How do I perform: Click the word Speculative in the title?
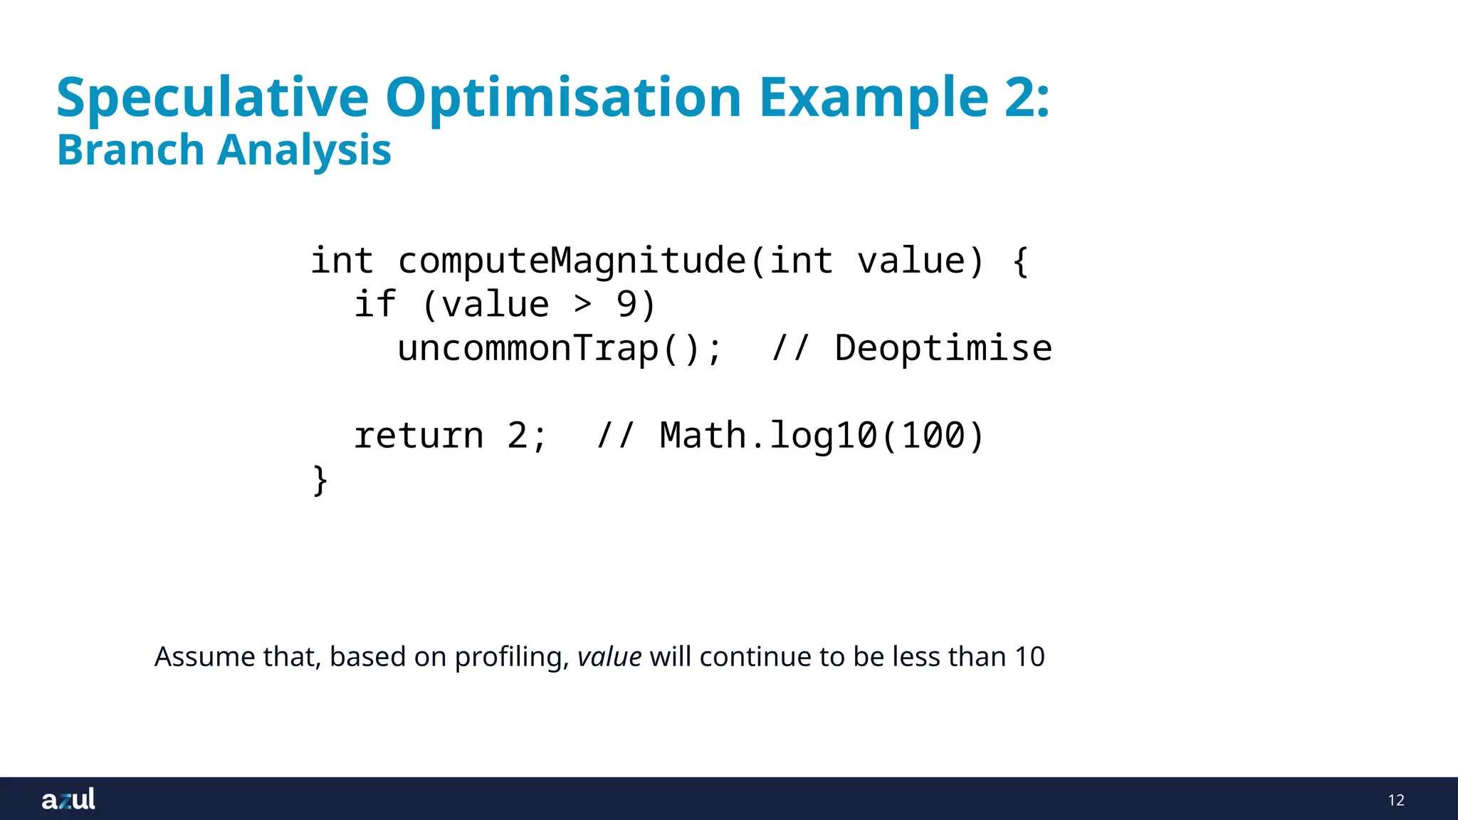[212, 98]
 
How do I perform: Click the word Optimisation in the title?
[564, 98]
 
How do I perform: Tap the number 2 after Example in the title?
[1019, 98]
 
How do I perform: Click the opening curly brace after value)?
[1020, 261]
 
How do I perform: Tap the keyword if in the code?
[374, 305]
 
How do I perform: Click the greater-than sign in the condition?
[583, 305]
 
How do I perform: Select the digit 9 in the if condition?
[626, 305]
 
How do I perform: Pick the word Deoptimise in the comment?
[943, 349]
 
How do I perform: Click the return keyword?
[419, 436]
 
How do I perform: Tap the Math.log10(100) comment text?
[822, 436]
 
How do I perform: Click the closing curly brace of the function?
[320, 480]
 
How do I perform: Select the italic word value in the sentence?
[609, 656]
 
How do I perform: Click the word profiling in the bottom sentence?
[508, 656]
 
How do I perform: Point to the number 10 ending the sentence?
[1029, 656]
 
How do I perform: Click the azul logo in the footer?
[68, 799]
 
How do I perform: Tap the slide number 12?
[1396, 800]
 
